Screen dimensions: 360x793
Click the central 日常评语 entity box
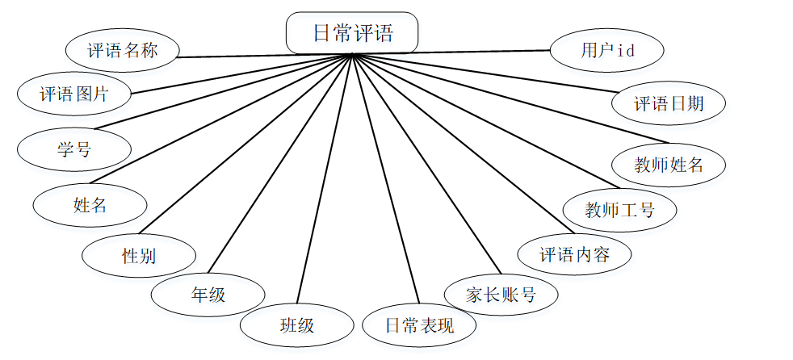(x=352, y=33)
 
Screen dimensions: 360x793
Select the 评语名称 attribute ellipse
(x=122, y=52)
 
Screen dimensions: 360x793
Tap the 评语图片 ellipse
(x=73, y=94)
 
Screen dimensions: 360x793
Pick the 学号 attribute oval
(x=73, y=149)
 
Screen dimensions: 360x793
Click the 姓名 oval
(x=90, y=205)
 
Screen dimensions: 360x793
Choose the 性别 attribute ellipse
(x=138, y=257)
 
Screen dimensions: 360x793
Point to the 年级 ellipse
(x=208, y=295)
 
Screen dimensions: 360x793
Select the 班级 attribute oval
(x=296, y=326)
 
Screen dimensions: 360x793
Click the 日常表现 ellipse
(x=419, y=326)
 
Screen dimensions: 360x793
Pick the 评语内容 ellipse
(x=574, y=256)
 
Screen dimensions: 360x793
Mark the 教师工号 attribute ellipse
(x=619, y=211)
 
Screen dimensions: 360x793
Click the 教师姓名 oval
(x=669, y=165)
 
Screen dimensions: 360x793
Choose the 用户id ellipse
(x=607, y=51)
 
